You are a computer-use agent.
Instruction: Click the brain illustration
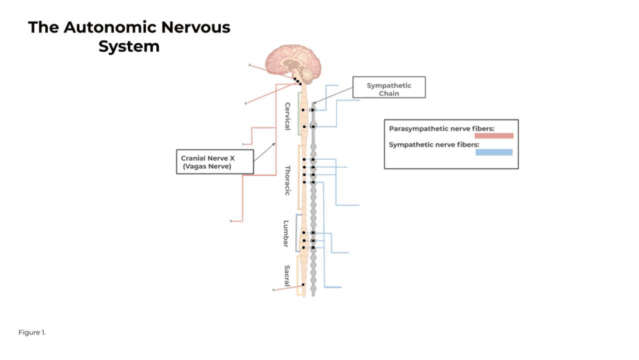pos(294,61)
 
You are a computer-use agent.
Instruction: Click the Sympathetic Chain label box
pos(389,88)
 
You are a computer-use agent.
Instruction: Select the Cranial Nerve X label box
pos(214,162)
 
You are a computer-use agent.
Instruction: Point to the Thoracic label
pos(288,180)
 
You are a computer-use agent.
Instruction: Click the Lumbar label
pos(285,234)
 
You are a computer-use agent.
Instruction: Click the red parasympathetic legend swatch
pos(493,136)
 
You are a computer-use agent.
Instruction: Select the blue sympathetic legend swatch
pos(494,152)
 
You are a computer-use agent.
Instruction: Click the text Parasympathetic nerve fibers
pos(441,129)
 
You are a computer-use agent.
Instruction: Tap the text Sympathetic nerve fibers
pos(433,145)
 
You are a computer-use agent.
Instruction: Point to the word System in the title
pos(128,47)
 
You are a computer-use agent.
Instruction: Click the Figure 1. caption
pos(32,332)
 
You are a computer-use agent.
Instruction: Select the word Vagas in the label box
pos(199,167)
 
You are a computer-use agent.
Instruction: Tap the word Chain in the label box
pos(389,93)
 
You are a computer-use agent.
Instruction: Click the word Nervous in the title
pos(196,28)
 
